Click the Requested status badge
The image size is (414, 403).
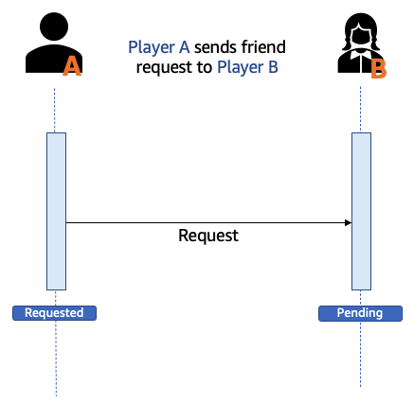pos(54,313)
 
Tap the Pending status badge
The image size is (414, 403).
pos(360,313)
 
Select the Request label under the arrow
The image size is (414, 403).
pos(208,236)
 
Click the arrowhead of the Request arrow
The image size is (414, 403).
pos(349,223)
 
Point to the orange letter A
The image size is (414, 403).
pos(72,67)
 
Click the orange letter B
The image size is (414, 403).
pos(378,69)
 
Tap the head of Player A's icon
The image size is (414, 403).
pos(54,26)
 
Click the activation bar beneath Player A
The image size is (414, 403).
pos(56,211)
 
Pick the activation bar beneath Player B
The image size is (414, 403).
pos(362,211)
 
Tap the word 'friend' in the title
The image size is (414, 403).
pos(263,46)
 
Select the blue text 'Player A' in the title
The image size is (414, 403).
pos(159,47)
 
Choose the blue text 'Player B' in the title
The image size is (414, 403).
pos(247,67)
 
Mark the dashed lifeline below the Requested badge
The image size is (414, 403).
pos(56,359)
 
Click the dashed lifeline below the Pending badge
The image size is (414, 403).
pos(360,355)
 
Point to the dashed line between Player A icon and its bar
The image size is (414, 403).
pos(54,111)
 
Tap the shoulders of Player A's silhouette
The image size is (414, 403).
pos(54,59)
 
